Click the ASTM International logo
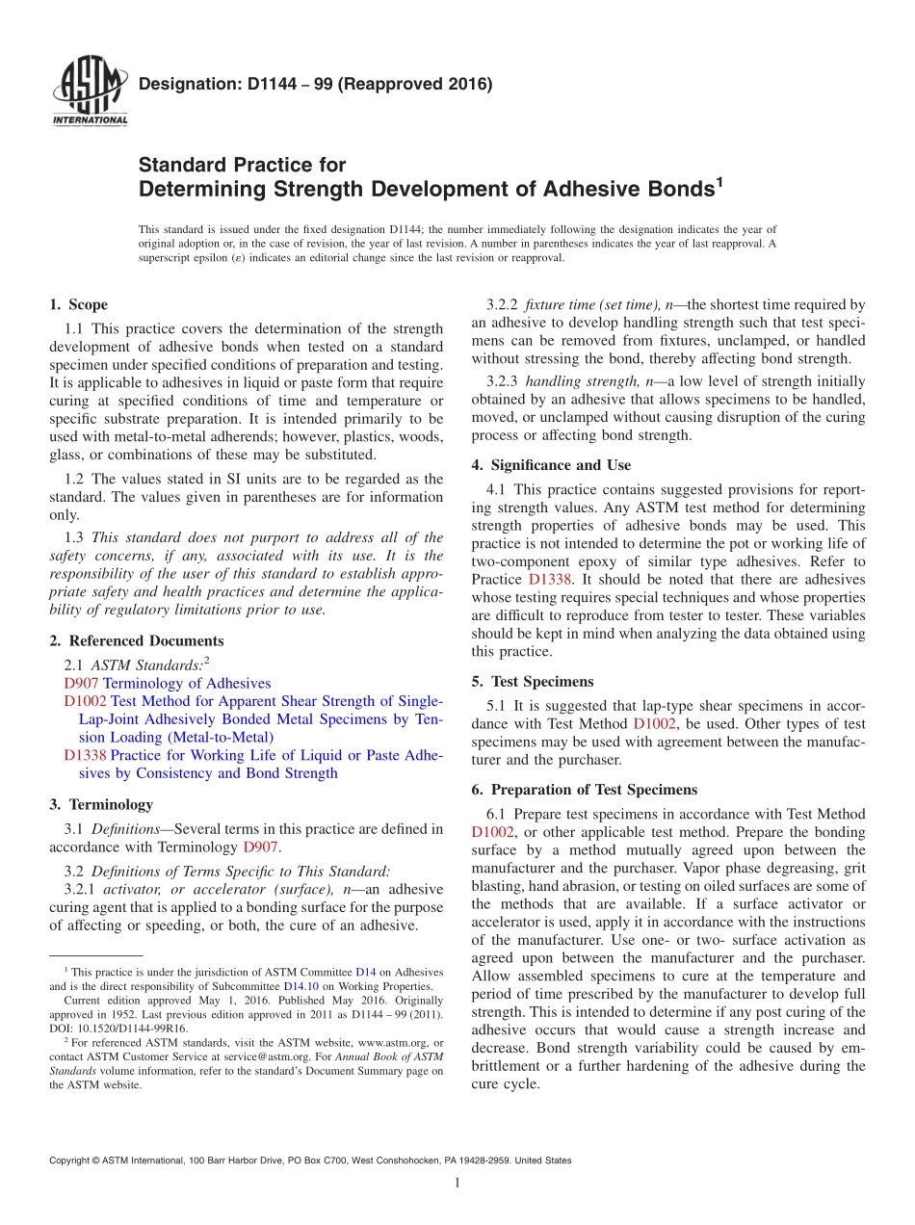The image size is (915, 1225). (x=89, y=93)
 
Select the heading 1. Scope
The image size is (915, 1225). (x=78, y=305)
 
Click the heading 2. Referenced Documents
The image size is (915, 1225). (x=136, y=640)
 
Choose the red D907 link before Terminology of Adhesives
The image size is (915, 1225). (x=81, y=683)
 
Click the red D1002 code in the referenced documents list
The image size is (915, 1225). (x=85, y=701)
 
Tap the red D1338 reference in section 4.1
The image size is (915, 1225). (x=550, y=580)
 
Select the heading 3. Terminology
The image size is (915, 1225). (x=100, y=804)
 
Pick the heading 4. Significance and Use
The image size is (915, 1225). (x=551, y=465)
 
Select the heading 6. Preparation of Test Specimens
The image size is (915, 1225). (x=584, y=790)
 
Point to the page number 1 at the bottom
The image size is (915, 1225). (x=457, y=1183)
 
